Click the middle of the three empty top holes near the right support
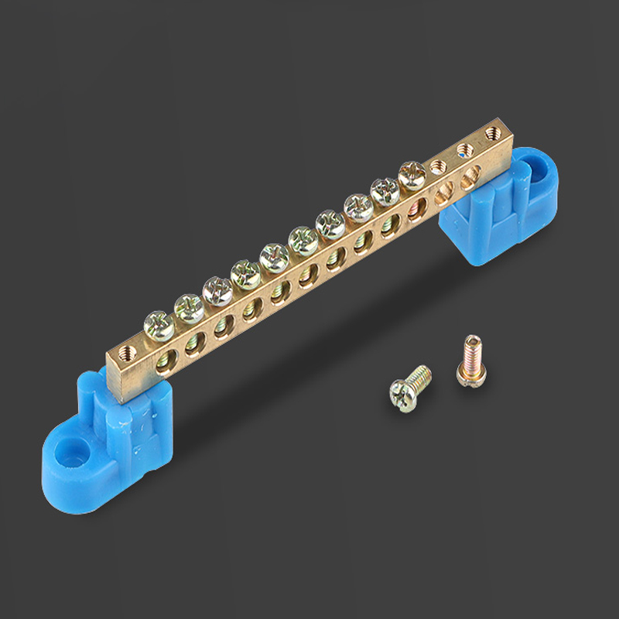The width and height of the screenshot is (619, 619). point(464,149)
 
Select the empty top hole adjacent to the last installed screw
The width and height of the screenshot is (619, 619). point(438,165)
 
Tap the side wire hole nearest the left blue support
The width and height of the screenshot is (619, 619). point(165,358)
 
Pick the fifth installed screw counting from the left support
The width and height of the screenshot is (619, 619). point(274,256)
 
